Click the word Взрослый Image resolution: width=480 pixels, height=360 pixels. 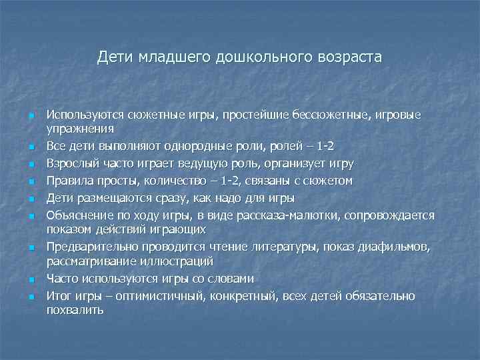[x=69, y=163]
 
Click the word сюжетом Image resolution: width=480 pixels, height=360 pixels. [x=329, y=180]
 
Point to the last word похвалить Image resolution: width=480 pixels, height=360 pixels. [x=75, y=309]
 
